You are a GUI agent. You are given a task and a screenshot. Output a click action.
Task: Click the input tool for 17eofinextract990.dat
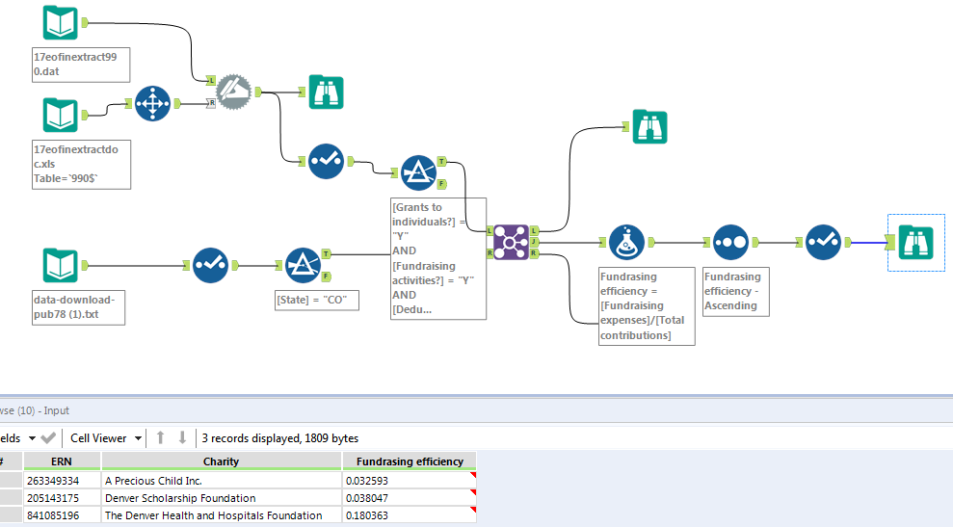point(61,23)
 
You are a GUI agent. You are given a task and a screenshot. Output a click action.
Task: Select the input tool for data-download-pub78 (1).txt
point(61,265)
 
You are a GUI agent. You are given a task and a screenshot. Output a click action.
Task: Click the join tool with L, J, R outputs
point(512,241)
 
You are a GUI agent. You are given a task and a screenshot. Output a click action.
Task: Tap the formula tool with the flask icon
point(627,242)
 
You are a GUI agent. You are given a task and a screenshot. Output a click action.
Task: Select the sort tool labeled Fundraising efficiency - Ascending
point(730,242)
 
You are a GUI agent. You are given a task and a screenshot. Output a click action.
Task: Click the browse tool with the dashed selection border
point(915,242)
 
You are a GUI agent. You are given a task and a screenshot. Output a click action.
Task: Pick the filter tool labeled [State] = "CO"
point(303,265)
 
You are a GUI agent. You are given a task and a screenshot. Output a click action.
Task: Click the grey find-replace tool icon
point(232,92)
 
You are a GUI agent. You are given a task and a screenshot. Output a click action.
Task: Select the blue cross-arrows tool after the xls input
point(152,104)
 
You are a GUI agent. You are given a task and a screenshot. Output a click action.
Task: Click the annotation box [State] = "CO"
point(317,300)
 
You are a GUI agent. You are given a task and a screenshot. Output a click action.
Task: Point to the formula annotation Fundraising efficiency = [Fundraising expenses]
point(646,305)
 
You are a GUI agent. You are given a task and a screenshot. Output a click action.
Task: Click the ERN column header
point(62,461)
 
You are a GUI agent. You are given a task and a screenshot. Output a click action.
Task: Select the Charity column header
point(221,461)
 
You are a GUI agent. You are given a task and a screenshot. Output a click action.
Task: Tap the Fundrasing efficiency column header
point(409,461)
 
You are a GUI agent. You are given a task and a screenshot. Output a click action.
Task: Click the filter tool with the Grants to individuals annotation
point(418,172)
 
